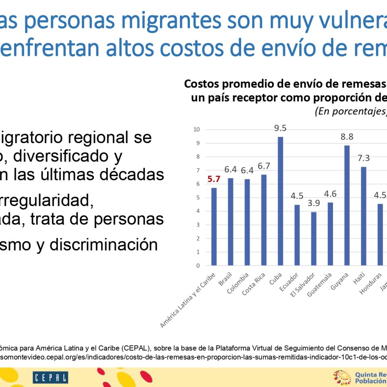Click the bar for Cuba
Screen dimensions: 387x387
(280, 201)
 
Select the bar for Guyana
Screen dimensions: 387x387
(347, 206)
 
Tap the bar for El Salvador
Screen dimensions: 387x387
(314, 239)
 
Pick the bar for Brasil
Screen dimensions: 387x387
(231, 222)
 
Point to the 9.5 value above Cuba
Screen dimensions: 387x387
(280, 129)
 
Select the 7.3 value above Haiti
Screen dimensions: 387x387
(363, 158)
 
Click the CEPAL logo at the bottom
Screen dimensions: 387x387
(50, 377)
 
